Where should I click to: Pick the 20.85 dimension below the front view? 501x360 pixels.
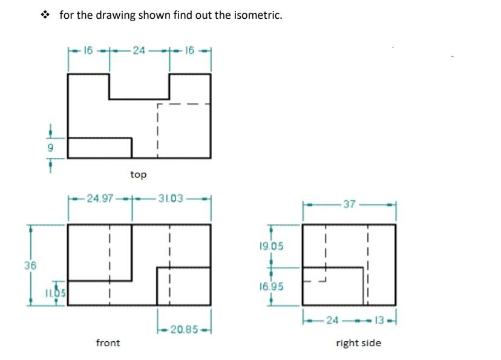[183, 329]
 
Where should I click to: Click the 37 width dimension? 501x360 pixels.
[349, 205]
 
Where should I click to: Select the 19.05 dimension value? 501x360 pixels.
[270, 247]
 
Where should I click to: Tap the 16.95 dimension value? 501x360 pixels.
[270, 286]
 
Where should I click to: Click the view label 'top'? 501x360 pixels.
[139, 174]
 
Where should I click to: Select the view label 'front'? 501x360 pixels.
[108, 343]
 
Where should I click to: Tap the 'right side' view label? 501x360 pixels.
[358, 343]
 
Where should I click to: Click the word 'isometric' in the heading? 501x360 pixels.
[258, 15]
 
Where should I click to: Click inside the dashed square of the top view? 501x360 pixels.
[184, 130]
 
